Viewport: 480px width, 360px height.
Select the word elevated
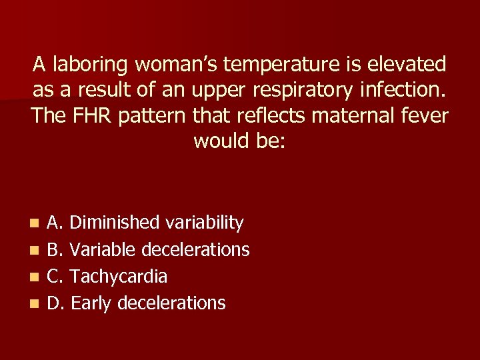tap(407, 65)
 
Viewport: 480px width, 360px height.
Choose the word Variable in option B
tap(101, 249)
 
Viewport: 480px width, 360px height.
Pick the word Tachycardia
tap(119, 276)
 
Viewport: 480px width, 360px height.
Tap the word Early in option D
tap(91, 303)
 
